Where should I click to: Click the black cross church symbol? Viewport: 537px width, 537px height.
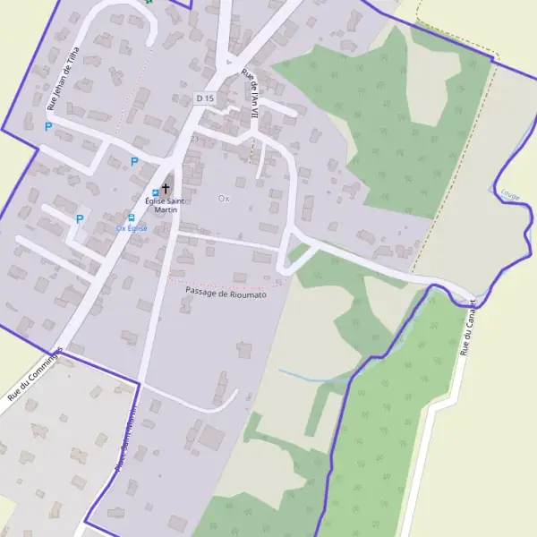tap(165, 189)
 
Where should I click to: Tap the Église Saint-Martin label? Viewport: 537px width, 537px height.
tap(166, 205)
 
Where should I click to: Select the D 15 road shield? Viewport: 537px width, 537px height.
tap(205, 98)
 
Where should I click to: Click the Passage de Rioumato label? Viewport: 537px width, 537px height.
tap(226, 293)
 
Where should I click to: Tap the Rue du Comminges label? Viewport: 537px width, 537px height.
tap(35, 374)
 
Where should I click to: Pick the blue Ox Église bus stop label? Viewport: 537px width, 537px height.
tap(132, 228)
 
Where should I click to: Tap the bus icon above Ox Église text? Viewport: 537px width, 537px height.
tap(132, 217)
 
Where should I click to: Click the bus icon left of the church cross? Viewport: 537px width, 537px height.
tap(155, 192)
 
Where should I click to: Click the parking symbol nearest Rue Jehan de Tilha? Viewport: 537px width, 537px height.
tap(48, 127)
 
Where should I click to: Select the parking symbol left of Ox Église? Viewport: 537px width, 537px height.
tap(80, 218)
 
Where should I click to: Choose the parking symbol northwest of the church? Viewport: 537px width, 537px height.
tap(134, 162)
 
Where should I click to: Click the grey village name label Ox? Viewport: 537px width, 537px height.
tap(224, 198)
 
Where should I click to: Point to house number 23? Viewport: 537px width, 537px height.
tap(194, 139)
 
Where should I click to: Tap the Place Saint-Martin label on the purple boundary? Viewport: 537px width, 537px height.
tap(124, 439)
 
